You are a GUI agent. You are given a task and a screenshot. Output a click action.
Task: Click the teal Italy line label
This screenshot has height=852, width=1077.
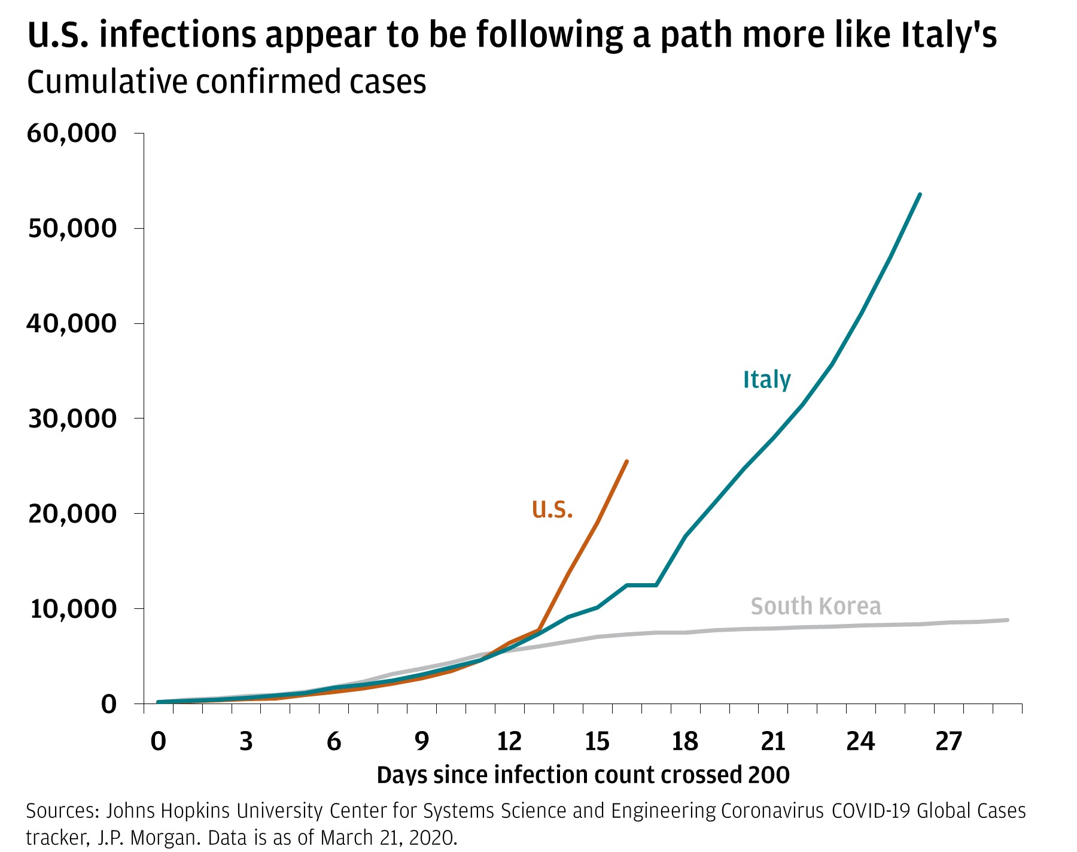(766, 380)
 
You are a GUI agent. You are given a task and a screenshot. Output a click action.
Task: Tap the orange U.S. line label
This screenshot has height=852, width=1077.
(552, 509)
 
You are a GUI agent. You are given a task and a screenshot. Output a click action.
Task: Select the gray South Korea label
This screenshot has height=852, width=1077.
(816, 606)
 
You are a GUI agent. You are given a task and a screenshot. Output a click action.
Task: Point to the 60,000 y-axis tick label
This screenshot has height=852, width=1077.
(71, 133)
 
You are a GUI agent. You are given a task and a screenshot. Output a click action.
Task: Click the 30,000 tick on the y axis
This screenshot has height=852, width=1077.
(72, 419)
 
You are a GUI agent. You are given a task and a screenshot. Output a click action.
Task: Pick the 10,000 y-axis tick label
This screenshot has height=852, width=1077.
(72, 608)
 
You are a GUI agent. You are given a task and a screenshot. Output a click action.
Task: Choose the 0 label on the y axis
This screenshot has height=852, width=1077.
(108, 704)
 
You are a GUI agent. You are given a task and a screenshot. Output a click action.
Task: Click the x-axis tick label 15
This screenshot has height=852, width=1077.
(597, 742)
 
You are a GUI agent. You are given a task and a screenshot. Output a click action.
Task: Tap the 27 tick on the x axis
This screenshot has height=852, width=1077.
(948, 742)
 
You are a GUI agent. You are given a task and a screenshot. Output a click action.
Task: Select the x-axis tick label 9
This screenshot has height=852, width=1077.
(421, 742)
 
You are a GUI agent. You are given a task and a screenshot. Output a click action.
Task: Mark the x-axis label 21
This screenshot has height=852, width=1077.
(772, 742)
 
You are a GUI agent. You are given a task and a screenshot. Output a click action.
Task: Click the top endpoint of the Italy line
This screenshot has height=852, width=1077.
(920, 195)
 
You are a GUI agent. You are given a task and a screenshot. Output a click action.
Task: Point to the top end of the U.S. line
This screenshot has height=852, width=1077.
(626, 461)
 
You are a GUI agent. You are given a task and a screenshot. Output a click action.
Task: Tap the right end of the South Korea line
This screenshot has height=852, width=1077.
(1008, 620)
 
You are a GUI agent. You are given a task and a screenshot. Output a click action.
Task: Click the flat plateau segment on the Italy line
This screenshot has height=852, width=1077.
(641, 585)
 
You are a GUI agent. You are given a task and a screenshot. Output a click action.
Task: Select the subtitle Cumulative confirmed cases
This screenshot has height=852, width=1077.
(226, 82)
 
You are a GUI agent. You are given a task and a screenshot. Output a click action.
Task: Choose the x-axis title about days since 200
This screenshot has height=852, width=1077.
(583, 775)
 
